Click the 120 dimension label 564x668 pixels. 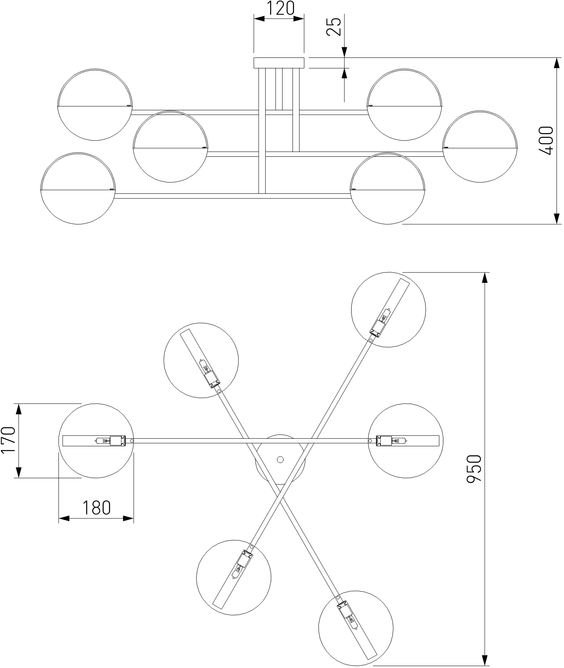[x=279, y=8]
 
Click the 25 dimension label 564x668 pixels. [x=334, y=27]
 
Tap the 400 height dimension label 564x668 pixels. [x=546, y=141]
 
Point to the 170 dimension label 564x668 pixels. [x=8, y=440]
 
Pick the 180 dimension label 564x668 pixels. [x=96, y=508]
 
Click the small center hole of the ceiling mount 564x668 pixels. [x=280, y=459]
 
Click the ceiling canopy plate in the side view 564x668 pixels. [x=279, y=63]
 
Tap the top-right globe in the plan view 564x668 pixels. [x=388, y=309]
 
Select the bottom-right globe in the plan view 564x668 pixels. [x=356, y=628]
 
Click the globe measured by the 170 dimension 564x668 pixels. [x=96, y=441]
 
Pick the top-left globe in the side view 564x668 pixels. [x=95, y=105]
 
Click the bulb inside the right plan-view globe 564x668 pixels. [x=398, y=440]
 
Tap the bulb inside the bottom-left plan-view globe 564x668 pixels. [x=238, y=569]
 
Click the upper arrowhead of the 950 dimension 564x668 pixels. [x=484, y=277]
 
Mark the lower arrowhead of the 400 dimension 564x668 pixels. [x=557, y=219]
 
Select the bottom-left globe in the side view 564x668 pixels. [x=78, y=189]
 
